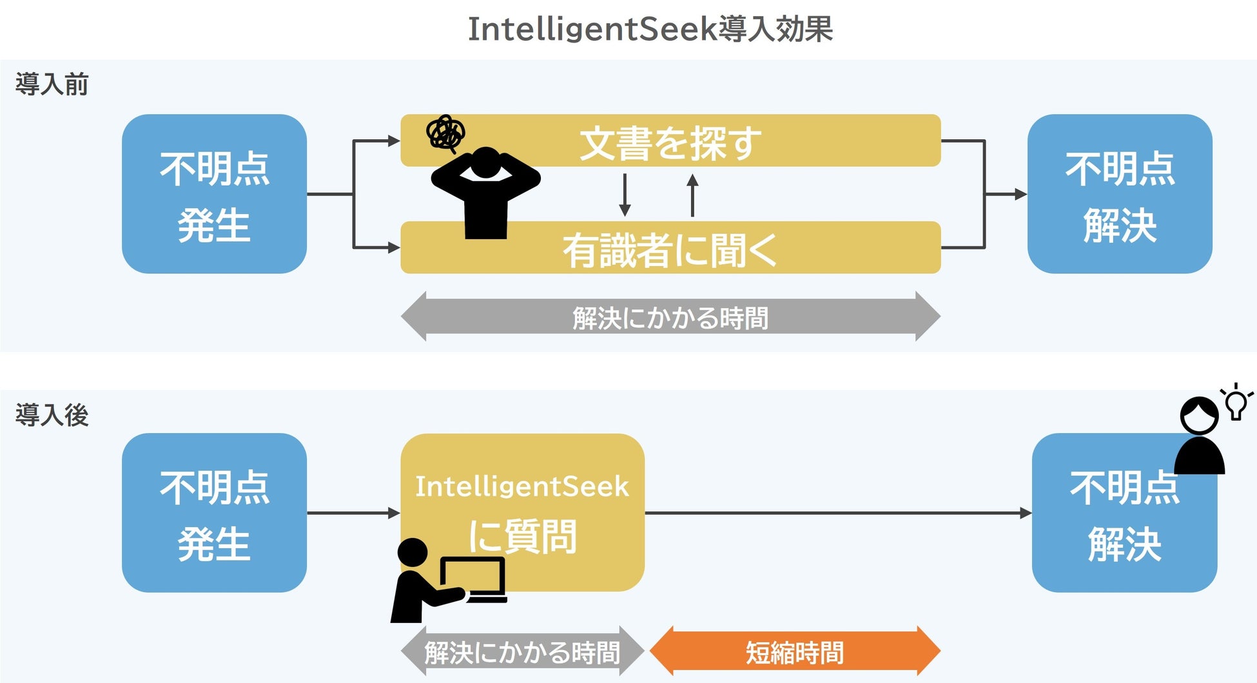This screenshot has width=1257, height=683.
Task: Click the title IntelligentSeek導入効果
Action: point(650,30)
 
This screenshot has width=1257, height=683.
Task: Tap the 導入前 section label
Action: point(52,84)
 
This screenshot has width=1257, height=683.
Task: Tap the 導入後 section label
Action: point(52,416)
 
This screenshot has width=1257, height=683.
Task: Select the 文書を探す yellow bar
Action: point(670,140)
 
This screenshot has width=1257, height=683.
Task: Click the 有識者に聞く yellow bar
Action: point(670,249)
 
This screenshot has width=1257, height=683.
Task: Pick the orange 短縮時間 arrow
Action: point(795,651)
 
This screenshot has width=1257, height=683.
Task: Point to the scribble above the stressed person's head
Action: point(445,133)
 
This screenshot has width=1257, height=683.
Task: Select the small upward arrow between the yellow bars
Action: point(692,195)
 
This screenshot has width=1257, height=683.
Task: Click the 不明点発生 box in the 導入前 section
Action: point(214,194)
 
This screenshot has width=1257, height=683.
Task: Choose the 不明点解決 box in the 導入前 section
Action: point(1120,194)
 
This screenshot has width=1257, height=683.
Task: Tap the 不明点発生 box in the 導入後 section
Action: point(214,513)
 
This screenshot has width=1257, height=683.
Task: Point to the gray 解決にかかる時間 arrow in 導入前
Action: point(670,316)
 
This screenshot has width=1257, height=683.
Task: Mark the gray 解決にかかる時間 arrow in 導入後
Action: point(522,651)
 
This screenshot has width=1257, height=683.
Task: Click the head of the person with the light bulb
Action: point(1199,416)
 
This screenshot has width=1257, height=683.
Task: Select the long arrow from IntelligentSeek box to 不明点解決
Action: point(838,513)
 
